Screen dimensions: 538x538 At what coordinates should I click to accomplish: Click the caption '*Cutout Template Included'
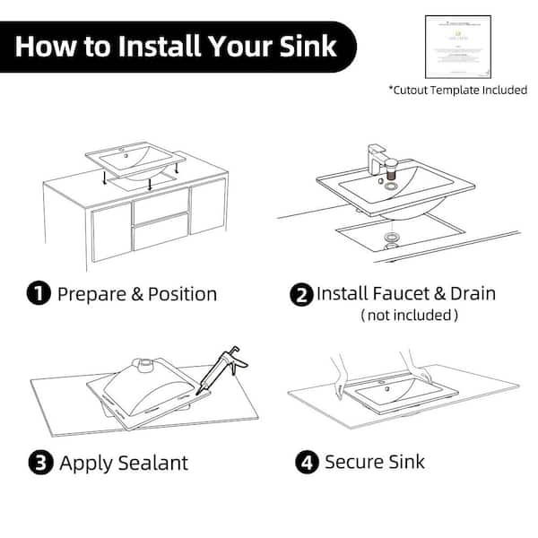coord(457,90)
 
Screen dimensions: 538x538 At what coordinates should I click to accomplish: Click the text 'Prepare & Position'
coord(137,293)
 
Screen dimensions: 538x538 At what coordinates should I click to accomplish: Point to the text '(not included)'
coord(409,316)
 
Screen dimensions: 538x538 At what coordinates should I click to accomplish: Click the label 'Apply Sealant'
coord(124,463)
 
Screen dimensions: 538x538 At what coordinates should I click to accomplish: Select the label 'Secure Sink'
coord(375,463)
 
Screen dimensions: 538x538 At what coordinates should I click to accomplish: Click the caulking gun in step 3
coord(225,368)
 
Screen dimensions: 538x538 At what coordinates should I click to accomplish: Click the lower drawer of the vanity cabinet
coord(160,235)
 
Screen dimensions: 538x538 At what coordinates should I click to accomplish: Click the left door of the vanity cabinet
coord(111,230)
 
